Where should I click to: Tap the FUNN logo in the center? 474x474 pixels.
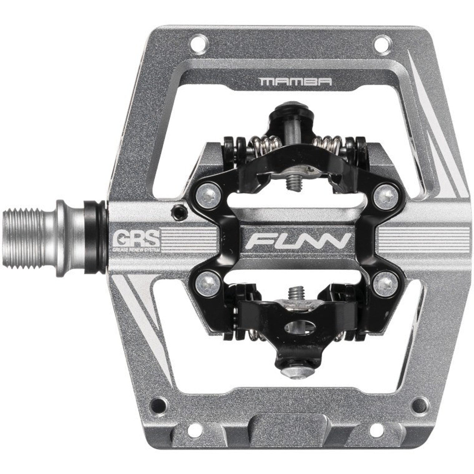point(298,241)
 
